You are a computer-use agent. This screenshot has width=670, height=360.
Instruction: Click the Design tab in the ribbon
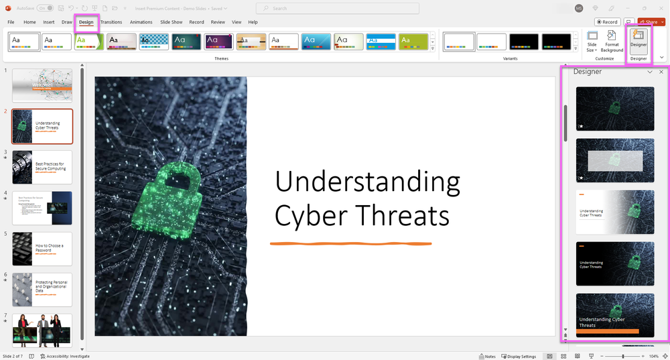point(86,22)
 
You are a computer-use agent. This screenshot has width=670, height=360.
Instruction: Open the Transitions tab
point(111,22)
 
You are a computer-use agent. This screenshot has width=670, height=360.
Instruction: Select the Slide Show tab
point(171,22)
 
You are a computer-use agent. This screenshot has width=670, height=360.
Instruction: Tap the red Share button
point(649,22)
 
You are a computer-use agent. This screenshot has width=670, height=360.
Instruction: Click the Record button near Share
point(608,22)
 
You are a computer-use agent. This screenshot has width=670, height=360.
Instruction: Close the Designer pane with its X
point(661,72)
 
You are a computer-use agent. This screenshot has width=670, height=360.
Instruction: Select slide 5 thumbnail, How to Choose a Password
point(42,249)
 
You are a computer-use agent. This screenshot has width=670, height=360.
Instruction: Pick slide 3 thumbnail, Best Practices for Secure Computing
point(42,167)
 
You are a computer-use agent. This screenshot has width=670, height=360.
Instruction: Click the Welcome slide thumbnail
point(42,85)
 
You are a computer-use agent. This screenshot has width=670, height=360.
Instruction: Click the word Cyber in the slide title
point(306,216)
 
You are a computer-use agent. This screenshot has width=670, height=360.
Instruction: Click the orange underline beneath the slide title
point(350,243)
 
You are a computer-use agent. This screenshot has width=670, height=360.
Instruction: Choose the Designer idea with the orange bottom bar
point(615,316)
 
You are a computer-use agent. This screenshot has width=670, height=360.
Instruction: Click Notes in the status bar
point(488,356)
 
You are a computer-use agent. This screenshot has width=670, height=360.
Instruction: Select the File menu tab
point(11,22)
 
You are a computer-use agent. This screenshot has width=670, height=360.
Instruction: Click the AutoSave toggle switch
point(46,8)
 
